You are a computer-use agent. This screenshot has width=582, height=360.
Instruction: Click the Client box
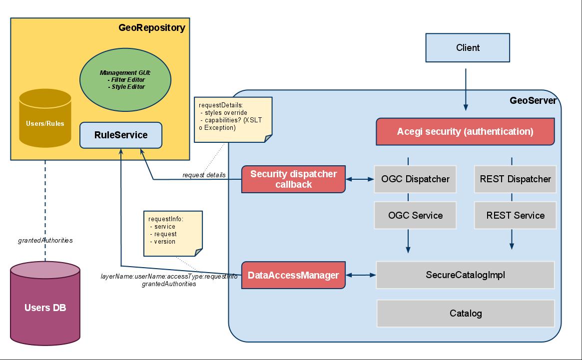468,47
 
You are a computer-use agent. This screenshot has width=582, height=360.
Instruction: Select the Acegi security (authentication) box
465,132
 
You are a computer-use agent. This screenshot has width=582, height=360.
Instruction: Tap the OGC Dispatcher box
415,179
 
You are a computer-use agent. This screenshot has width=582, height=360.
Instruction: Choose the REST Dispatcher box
515,179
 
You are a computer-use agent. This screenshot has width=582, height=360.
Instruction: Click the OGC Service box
415,215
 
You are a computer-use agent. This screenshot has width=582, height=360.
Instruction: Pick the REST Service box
515,215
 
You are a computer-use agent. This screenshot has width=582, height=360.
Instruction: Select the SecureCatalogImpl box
465,275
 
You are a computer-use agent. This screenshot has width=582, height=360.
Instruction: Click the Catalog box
465,314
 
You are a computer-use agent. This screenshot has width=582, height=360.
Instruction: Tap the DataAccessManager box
293,275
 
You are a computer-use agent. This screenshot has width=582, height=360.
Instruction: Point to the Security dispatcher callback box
293,179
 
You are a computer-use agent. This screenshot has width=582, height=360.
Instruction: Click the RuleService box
121,135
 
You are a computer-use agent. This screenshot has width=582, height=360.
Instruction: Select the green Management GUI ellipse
125,80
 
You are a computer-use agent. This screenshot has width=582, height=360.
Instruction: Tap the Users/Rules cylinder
45,119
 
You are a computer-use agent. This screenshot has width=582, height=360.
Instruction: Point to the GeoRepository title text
151,28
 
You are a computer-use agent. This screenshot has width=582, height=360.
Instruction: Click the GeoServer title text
533,100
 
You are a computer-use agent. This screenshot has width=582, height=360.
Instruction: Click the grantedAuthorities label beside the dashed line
45,240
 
